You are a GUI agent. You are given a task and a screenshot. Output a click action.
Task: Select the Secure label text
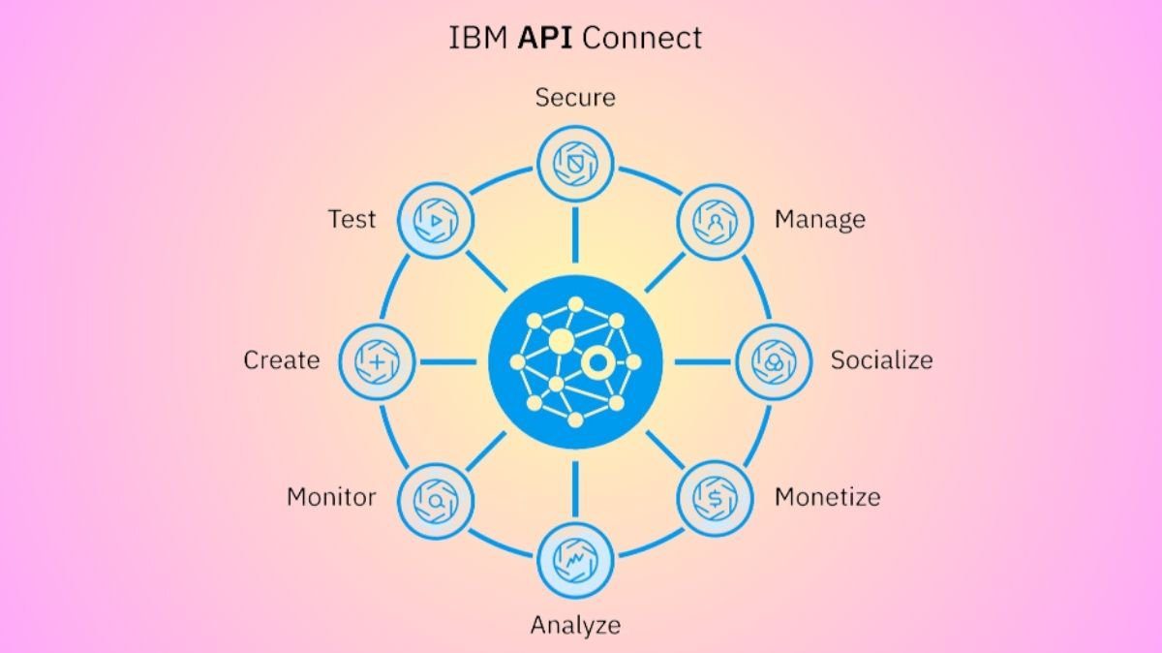click(x=575, y=97)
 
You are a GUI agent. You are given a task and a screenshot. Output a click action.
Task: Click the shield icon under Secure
click(x=575, y=163)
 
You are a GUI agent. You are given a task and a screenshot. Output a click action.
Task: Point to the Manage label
click(x=819, y=220)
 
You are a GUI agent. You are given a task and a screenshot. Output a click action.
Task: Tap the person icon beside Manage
click(x=715, y=222)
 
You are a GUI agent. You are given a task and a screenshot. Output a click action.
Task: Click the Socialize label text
click(x=881, y=360)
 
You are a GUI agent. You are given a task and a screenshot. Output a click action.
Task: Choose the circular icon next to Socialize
click(x=773, y=361)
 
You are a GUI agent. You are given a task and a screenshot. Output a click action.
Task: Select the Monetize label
click(x=827, y=497)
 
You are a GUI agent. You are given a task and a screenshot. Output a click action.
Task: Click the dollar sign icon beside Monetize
click(x=715, y=499)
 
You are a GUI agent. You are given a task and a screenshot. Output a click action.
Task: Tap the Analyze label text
click(x=575, y=625)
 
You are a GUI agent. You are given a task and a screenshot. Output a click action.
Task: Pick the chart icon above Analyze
click(x=575, y=559)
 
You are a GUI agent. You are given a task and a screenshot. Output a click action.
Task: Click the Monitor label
click(x=331, y=497)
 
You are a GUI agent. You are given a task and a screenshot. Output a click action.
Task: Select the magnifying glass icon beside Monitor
click(x=436, y=499)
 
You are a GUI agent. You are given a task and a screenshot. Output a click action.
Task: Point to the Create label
click(x=281, y=360)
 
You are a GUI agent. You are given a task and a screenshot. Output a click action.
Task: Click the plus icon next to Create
click(x=378, y=361)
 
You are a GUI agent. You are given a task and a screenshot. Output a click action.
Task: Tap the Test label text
click(x=352, y=220)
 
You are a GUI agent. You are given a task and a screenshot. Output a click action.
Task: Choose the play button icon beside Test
click(x=436, y=222)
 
